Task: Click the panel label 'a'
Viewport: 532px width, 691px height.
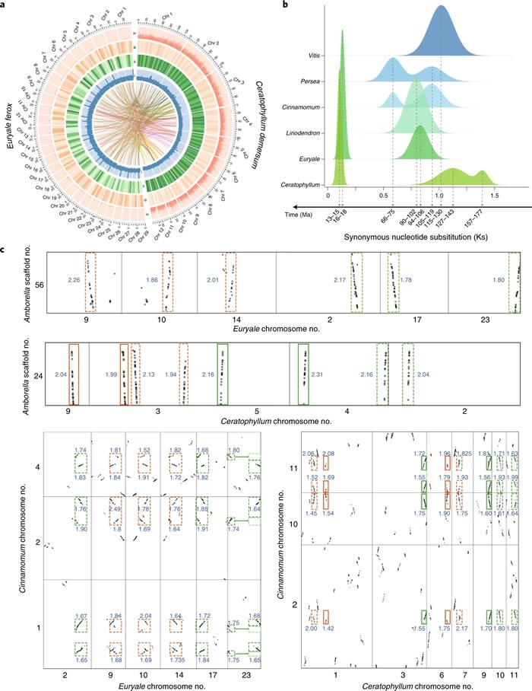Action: [x=5, y=5]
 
